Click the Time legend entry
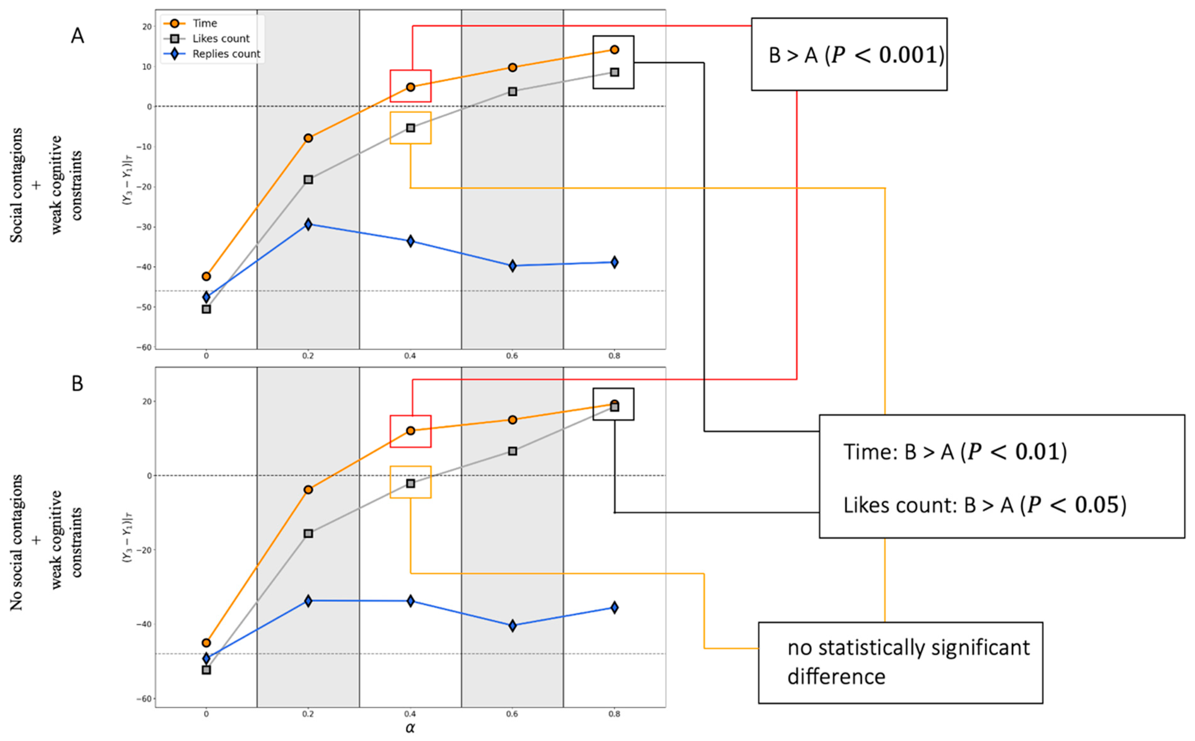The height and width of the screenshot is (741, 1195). coord(204,23)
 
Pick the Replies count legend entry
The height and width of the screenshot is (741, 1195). coord(226,54)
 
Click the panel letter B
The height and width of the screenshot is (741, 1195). coord(78,383)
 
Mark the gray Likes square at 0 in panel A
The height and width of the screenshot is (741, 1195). coord(206,309)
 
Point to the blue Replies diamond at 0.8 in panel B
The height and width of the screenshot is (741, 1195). coord(614,607)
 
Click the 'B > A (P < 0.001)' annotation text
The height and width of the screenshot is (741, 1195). coord(856,55)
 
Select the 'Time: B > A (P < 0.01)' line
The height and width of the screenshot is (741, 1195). coord(954,451)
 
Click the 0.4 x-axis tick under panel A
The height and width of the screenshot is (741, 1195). coord(410,356)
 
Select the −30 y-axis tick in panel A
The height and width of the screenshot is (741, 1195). coord(146,227)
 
